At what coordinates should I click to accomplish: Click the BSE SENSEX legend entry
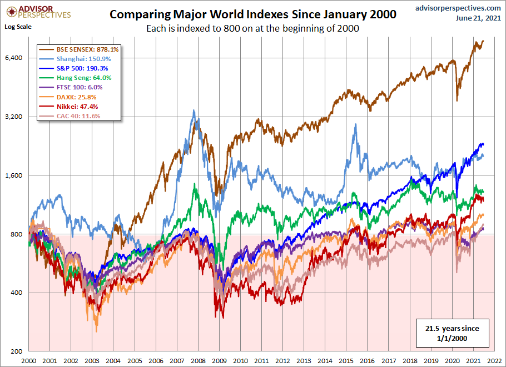tap(78, 49)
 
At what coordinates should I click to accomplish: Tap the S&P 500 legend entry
tap(74, 68)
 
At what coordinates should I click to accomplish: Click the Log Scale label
tap(18, 26)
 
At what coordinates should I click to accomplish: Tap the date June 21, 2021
tap(478, 18)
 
